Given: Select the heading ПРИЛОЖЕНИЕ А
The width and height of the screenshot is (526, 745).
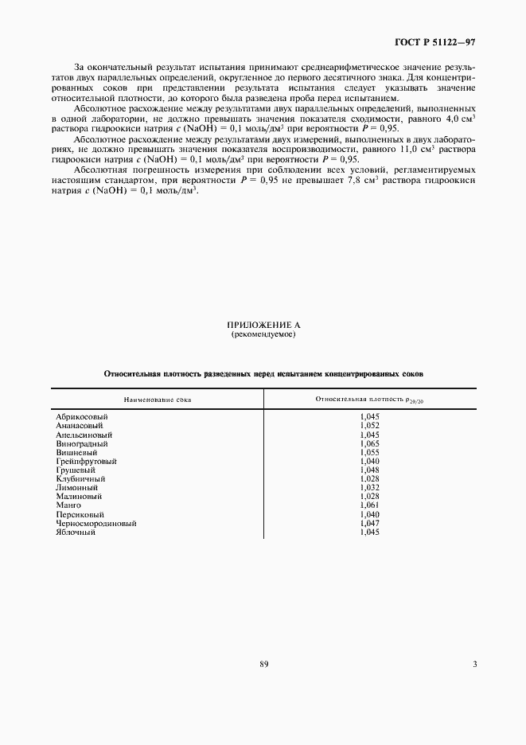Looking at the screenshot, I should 263,326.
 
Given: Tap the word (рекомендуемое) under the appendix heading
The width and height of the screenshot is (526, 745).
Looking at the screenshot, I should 263,335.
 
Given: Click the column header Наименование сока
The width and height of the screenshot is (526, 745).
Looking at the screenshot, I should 157,398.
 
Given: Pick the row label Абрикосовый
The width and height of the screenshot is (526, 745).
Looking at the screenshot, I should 81,416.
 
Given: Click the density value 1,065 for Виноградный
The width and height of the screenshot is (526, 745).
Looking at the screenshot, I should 369,445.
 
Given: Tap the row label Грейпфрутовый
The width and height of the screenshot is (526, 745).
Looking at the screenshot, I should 86,461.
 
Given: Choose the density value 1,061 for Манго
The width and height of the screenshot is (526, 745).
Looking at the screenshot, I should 369,505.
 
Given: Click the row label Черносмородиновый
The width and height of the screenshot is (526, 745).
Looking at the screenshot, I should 95,523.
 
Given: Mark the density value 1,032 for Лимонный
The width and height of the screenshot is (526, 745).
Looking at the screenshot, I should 369,487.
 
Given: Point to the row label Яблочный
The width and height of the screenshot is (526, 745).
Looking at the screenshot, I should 76,532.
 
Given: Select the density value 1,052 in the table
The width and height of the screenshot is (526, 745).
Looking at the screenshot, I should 369,426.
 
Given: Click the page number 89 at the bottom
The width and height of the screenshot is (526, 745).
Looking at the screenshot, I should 263,664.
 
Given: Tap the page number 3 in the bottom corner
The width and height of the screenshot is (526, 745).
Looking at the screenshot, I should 474,664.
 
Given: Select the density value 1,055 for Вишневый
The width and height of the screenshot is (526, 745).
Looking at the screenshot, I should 369,452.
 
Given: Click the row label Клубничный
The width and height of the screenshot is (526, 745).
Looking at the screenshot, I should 79,478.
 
